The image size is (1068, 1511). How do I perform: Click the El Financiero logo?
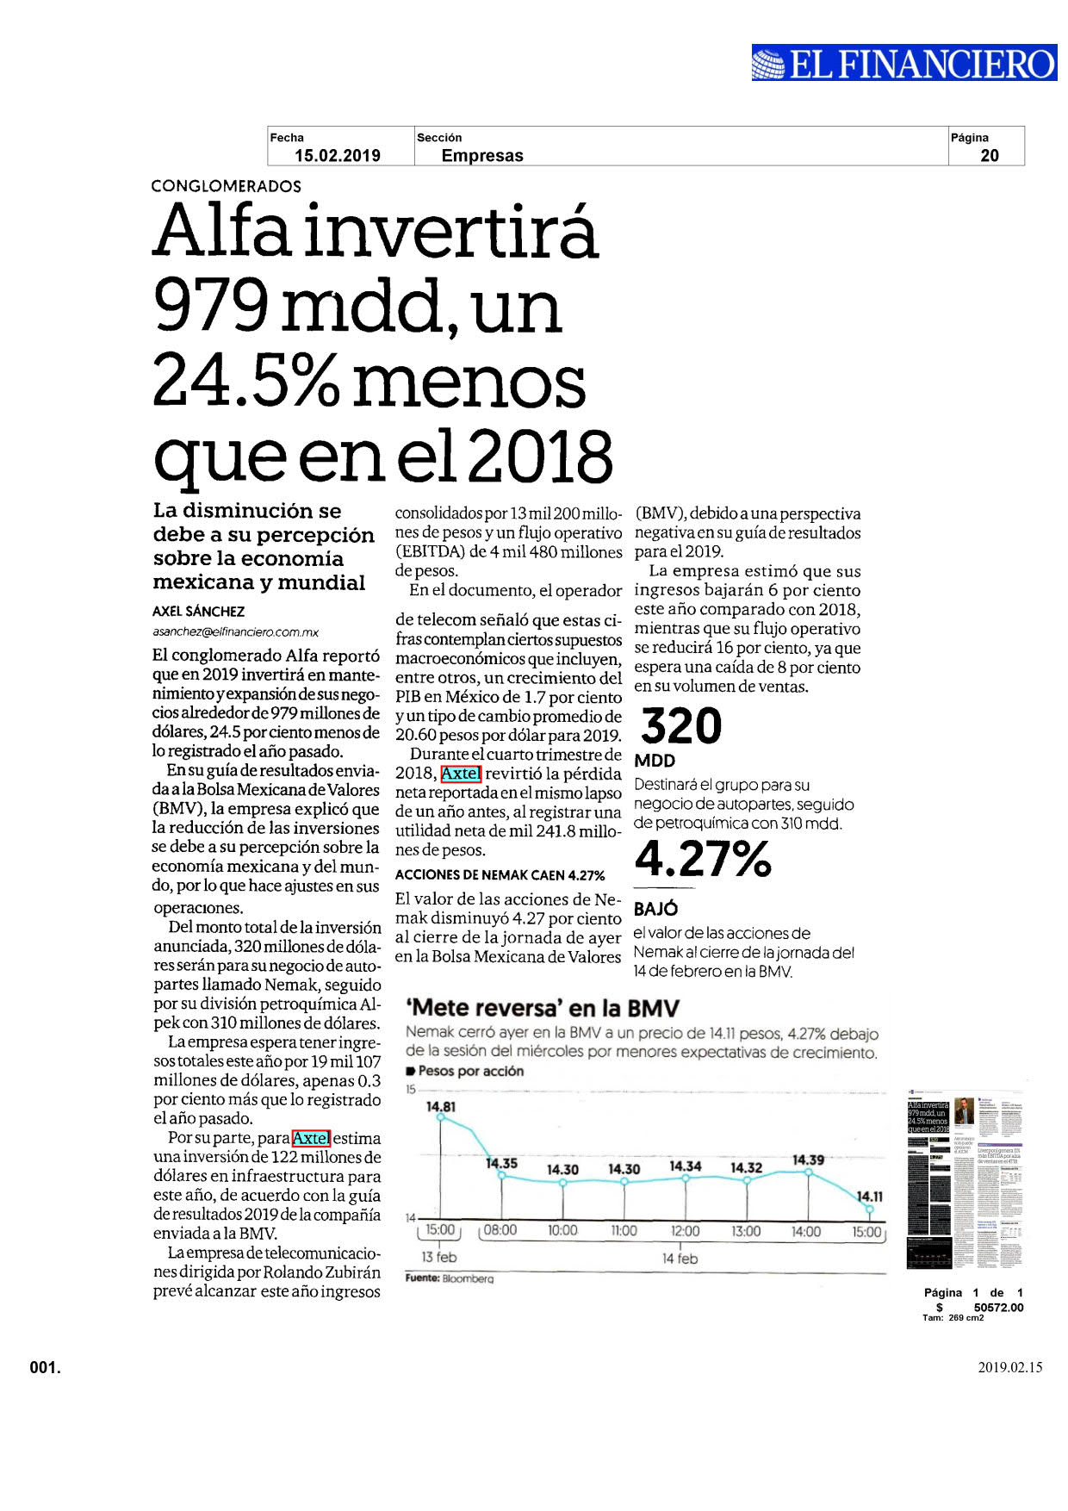[904, 63]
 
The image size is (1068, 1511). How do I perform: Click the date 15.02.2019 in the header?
[338, 156]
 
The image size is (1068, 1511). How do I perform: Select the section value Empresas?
[482, 156]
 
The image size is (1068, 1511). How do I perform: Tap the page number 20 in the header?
[990, 156]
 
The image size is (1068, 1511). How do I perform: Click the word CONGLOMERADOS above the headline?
[226, 186]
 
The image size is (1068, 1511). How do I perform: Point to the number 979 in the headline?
[211, 306]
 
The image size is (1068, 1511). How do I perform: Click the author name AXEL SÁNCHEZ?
[199, 612]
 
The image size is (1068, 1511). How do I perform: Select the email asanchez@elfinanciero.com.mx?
[236, 631]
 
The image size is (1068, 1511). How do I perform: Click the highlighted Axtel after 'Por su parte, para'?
[311, 1138]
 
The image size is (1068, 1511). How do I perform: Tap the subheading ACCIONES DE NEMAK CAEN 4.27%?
[500, 875]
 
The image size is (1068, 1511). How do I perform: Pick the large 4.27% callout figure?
[703, 859]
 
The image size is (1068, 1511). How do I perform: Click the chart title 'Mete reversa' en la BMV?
[543, 1009]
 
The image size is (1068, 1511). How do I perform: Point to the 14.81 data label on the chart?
[441, 1106]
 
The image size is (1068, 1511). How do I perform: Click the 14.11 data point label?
[869, 1197]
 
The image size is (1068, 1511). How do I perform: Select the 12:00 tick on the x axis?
[685, 1231]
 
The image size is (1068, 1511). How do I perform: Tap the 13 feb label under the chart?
[439, 1258]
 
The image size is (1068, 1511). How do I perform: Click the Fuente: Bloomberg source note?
[450, 1278]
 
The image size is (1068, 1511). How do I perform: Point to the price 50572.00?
[999, 1308]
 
